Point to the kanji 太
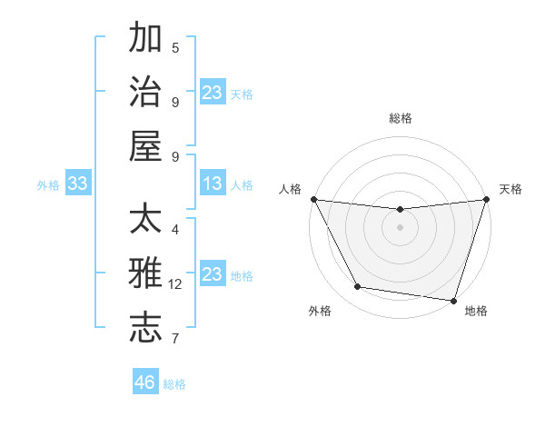(146, 220)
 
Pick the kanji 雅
(146, 273)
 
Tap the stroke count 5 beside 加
(175, 47)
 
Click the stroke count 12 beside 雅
(175, 284)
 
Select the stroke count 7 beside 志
(175, 339)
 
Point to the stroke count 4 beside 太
(175, 230)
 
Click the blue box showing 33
(77, 184)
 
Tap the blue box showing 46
(145, 382)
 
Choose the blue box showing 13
(213, 184)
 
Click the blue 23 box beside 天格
(213, 92)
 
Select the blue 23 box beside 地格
(213, 274)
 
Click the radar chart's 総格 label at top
(401, 118)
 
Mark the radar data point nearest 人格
(313, 199)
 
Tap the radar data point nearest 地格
(454, 300)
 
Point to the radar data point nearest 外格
(358, 287)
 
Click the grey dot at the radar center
(401, 227)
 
